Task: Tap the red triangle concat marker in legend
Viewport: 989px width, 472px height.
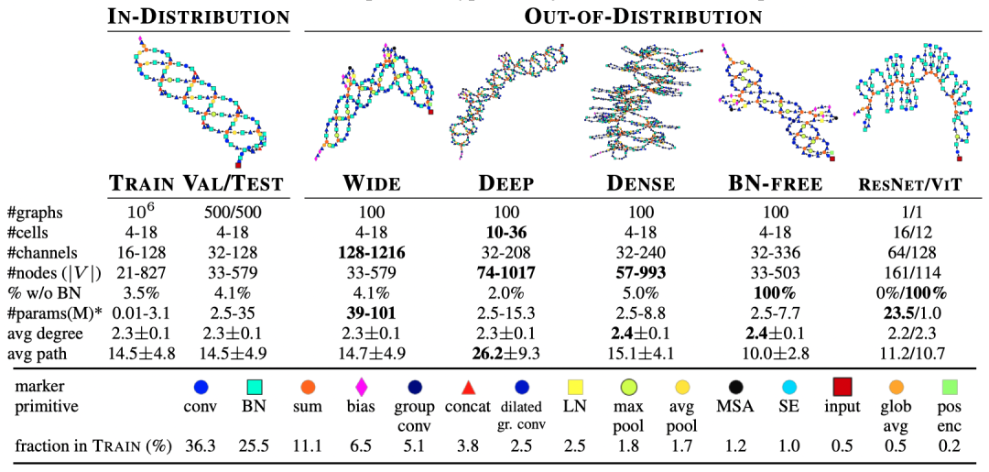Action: pyautogui.click(x=467, y=387)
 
